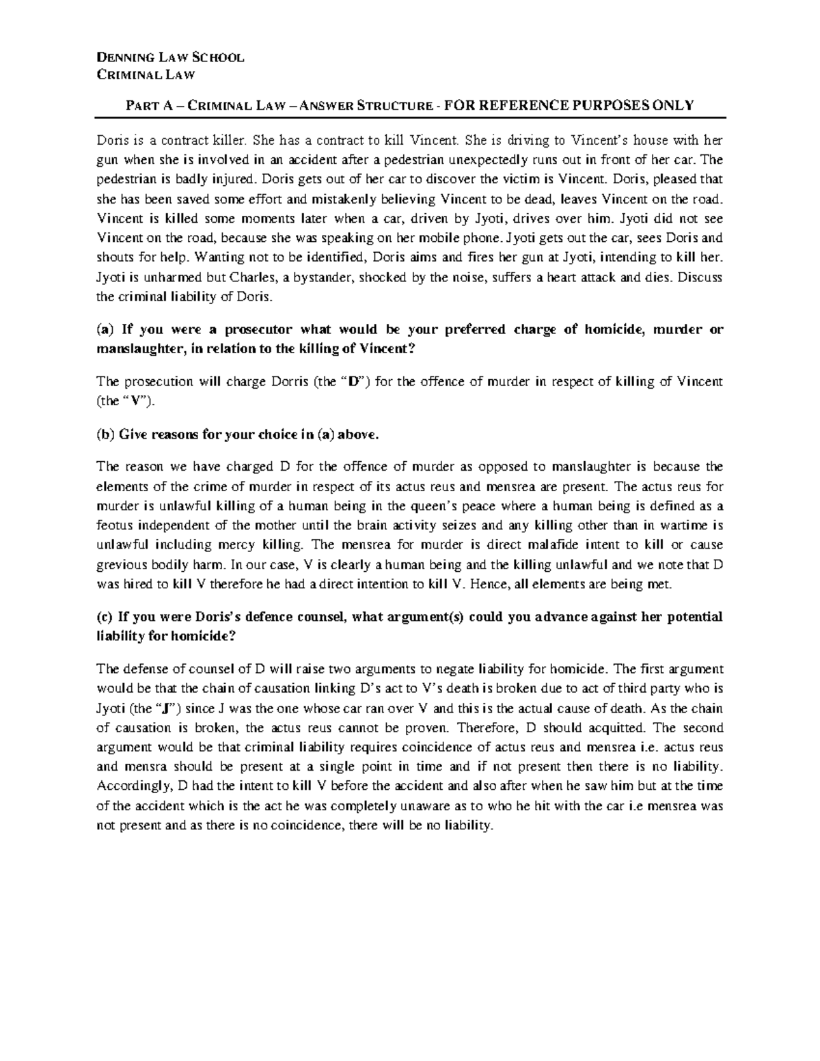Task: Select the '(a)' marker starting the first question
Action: click(x=106, y=329)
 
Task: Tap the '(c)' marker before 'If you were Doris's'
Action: click(x=105, y=616)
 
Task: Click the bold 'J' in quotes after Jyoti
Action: click(x=167, y=708)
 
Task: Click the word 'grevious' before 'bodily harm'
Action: click(x=120, y=565)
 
